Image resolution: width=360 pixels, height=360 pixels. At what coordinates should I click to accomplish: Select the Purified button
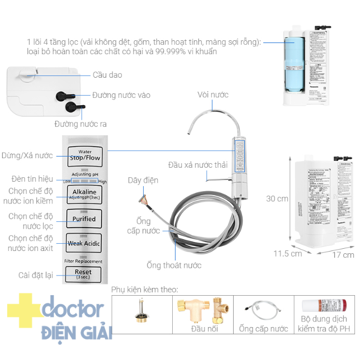point(83,219)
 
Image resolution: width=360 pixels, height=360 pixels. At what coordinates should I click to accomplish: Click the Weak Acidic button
point(83,244)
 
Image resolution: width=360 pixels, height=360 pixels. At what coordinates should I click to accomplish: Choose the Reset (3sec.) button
point(83,274)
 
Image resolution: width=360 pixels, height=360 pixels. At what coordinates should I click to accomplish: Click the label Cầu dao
point(107,75)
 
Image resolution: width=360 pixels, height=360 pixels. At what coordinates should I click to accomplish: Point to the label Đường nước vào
point(121,95)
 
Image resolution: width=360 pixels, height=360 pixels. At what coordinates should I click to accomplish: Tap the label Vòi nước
point(213,95)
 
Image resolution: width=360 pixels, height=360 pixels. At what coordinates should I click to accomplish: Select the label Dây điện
point(143,180)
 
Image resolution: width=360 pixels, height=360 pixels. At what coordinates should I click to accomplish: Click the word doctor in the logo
point(73,309)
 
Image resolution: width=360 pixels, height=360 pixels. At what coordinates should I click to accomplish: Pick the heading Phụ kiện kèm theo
point(144,290)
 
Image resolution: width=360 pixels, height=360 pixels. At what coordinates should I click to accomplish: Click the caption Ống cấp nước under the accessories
point(263,329)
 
